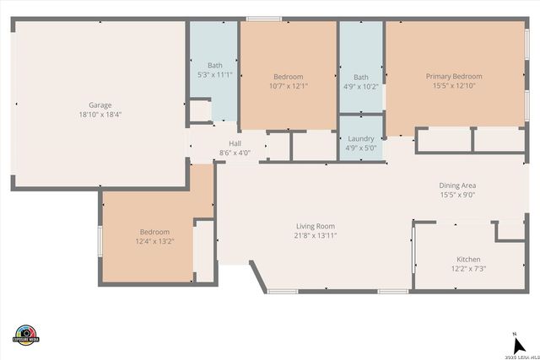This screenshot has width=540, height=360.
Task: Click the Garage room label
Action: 100,105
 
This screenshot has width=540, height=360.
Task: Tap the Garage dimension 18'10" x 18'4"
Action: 100,115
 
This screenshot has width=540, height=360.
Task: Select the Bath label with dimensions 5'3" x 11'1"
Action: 215,66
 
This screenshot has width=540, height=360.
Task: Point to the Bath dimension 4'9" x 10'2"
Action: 361,86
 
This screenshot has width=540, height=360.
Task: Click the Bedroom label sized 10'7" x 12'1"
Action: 288,77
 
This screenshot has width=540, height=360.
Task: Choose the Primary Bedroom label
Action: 455,77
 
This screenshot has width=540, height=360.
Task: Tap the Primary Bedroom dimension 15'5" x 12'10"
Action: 455,86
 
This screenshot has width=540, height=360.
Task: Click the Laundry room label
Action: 361,139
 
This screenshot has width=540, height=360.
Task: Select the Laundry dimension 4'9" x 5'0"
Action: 361,148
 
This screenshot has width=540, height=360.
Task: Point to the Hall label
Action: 235,144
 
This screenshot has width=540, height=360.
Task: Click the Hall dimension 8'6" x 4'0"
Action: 235,153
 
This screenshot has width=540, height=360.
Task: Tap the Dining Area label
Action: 457,185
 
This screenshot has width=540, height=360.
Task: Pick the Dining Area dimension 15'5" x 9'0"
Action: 457,195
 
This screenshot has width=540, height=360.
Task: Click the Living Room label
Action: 316,226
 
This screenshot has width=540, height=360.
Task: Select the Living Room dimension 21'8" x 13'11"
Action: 316,235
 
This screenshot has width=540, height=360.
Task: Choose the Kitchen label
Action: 468,260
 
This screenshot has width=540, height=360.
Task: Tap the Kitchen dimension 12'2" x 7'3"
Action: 468,269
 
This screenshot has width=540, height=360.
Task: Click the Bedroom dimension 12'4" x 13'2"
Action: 154,242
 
